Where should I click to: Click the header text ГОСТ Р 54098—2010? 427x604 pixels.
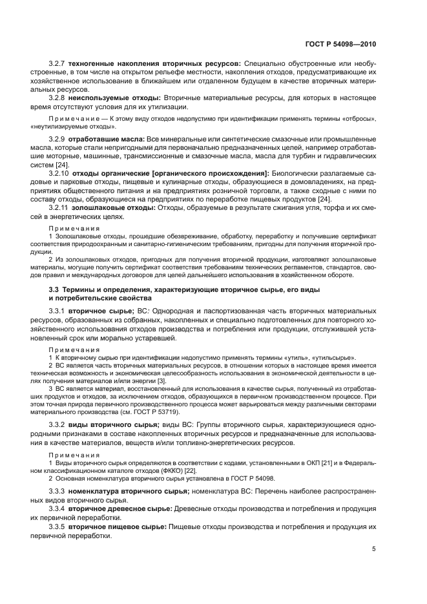tap(340, 45)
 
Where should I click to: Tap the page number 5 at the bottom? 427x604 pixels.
tap(374, 549)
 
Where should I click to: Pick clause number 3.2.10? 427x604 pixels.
tap(60, 174)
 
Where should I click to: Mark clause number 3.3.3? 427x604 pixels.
tap(58, 492)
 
